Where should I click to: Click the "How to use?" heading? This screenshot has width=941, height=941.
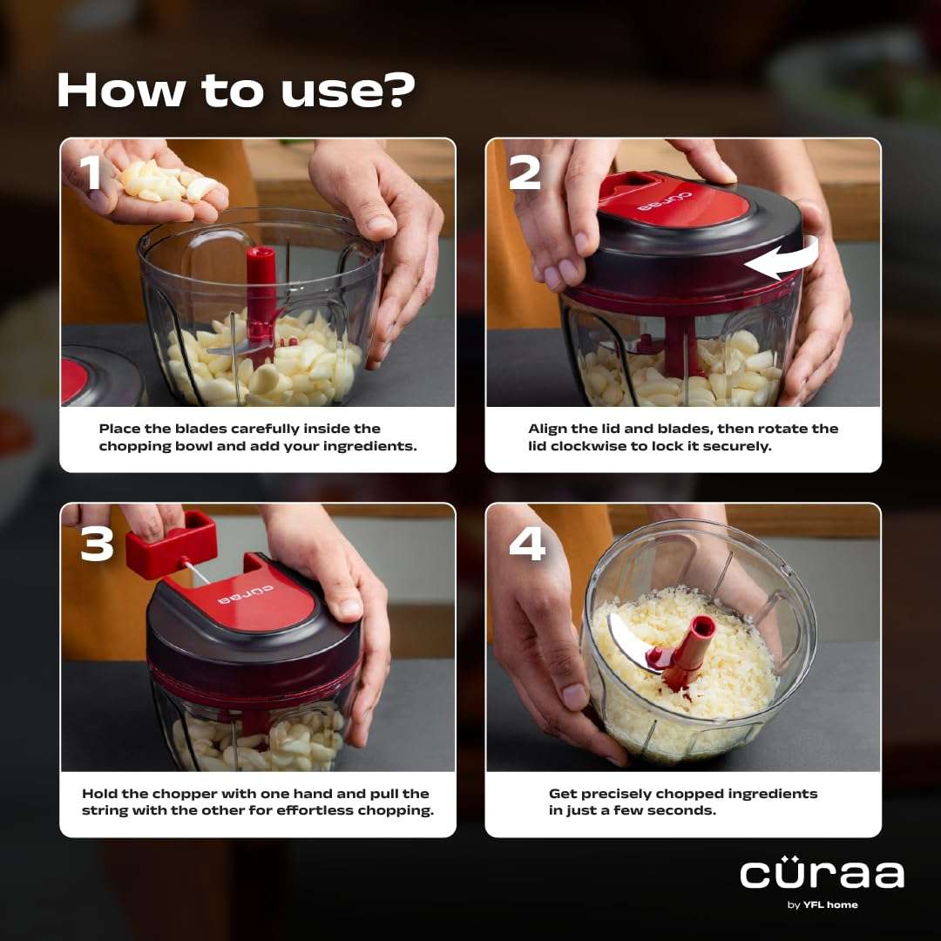click(235, 90)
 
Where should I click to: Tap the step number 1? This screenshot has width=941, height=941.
click(90, 173)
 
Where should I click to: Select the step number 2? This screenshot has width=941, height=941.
click(525, 173)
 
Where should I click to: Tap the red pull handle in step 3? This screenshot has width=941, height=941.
click(172, 543)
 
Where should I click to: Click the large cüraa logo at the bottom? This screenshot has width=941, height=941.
click(822, 874)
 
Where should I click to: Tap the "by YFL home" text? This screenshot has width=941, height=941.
click(822, 904)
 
